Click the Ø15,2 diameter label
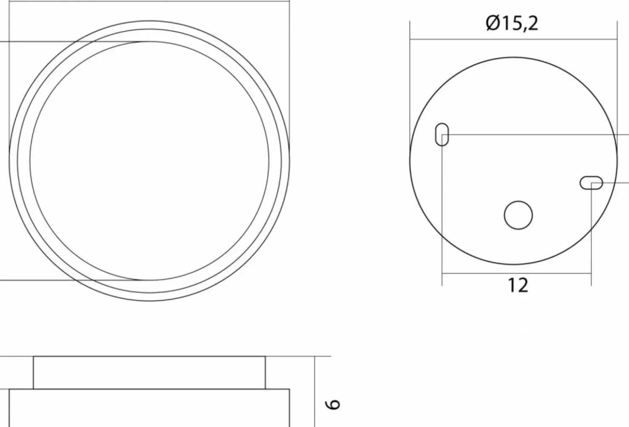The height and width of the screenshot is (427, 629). coord(512,23)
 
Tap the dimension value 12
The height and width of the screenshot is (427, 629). coord(518,285)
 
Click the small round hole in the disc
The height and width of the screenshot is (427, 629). coord(518,215)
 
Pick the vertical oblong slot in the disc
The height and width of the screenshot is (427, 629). coord(442,135)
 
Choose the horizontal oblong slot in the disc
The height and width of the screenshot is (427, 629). coord(591,183)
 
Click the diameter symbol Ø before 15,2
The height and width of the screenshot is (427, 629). coord(493,23)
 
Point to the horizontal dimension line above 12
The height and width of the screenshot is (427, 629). coord(517,273)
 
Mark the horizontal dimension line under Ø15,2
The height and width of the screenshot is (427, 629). coord(513,39)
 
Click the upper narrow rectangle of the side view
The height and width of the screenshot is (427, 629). coord(149,373)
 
